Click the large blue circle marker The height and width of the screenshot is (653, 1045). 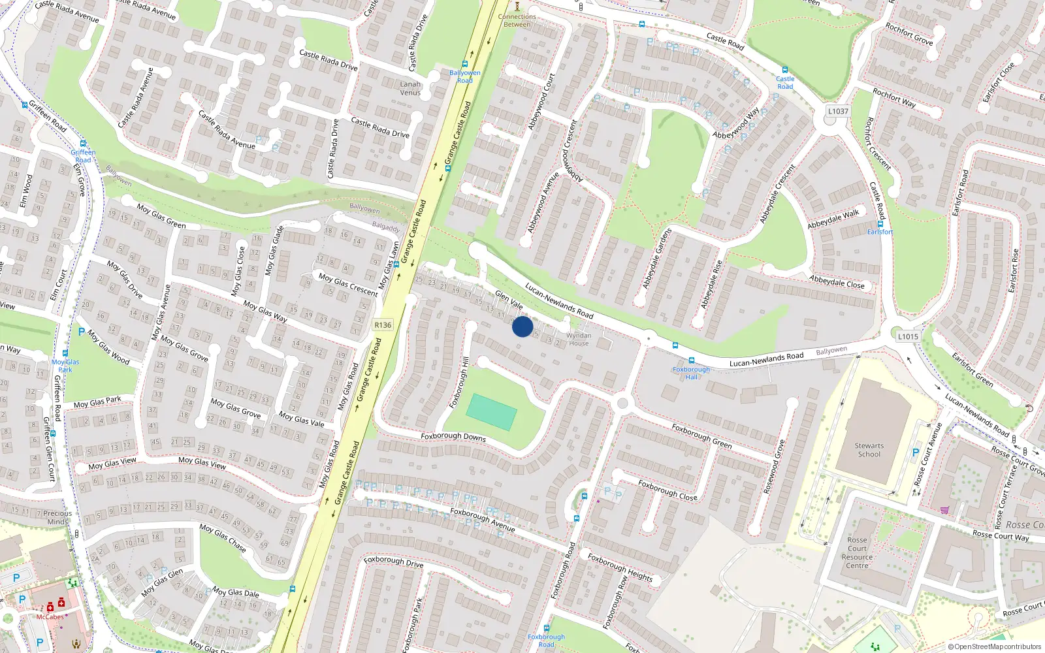point(522,326)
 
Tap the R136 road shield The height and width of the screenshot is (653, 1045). point(383,325)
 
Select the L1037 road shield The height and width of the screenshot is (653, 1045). point(838,111)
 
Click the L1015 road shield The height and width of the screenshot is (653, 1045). point(908,336)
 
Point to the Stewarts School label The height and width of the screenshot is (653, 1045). point(869,450)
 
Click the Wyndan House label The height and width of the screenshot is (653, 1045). point(579,339)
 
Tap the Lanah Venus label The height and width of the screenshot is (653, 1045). point(410,88)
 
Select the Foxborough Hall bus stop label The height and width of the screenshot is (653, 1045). point(691,373)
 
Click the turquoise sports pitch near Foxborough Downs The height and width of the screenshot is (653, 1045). point(491,412)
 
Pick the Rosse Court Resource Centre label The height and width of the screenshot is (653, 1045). point(857,552)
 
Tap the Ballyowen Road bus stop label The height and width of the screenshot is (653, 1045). point(464,76)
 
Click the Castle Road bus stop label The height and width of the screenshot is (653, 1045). point(785,82)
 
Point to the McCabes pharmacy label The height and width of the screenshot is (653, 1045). point(50,616)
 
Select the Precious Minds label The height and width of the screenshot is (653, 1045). point(57,517)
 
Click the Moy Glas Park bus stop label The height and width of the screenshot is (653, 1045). point(65,366)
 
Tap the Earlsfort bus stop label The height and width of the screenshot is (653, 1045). point(880,232)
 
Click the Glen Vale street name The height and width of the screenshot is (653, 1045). point(509,300)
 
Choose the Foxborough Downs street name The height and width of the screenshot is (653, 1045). point(453,436)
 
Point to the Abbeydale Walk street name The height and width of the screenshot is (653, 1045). point(833,219)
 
